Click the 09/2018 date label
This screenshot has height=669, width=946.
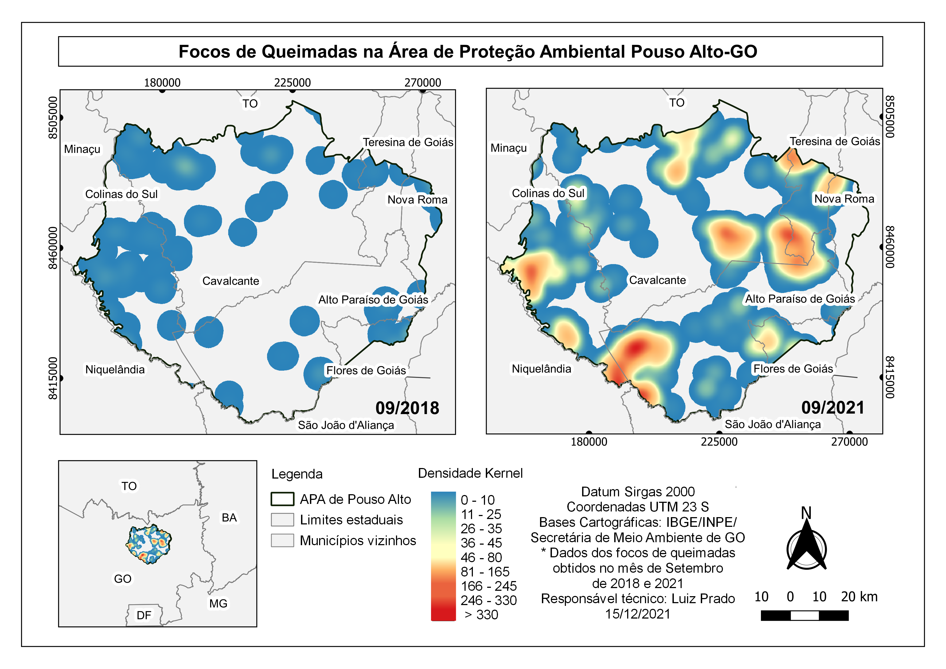point(407,408)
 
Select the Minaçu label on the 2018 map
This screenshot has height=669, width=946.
point(82,149)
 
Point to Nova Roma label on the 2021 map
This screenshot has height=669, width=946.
point(844,199)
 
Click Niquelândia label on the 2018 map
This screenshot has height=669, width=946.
point(115,370)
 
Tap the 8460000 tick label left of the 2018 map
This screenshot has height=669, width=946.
point(53,248)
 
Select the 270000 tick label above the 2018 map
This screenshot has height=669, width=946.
point(422,83)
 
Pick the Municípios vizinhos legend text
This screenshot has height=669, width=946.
point(358,541)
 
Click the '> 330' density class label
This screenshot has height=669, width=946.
point(481,615)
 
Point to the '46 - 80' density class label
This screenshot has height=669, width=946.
point(481,557)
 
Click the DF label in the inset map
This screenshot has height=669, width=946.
point(144,615)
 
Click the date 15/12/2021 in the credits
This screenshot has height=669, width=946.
point(637,614)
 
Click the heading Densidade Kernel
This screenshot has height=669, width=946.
point(470,473)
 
